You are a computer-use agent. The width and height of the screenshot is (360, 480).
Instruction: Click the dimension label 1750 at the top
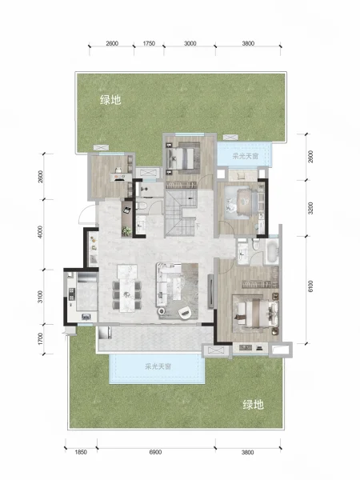click(149, 43)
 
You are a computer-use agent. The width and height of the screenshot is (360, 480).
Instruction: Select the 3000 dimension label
click(190, 43)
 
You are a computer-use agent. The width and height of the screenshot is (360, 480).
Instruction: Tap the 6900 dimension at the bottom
click(155, 452)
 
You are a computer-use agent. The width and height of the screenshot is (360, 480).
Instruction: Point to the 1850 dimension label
click(81, 452)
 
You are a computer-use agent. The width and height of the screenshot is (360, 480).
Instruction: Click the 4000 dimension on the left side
click(41, 232)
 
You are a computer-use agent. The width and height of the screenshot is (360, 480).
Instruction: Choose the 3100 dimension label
click(41, 297)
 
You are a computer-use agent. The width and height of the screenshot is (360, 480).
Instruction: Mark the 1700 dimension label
click(41, 339)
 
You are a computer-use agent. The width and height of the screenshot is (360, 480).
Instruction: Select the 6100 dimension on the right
click(310, 287)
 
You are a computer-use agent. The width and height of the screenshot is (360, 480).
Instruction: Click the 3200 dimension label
click(310, 208)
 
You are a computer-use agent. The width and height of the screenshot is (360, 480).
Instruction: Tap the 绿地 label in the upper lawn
click(110, 100)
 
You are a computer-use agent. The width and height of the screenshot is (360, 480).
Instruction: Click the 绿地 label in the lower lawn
click(253, 405)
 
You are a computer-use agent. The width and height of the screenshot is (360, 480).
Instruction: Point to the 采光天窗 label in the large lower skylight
click(158, 366)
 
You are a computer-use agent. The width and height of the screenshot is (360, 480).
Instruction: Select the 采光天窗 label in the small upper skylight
click(246, 156)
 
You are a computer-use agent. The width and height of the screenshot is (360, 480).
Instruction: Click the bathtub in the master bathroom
click(272, 252)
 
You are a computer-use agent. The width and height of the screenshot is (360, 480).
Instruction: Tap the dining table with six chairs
click(127, 290)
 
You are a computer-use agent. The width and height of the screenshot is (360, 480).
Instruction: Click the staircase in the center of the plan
click(180, 213)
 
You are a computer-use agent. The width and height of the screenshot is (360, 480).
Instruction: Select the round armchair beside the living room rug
click(185, 312)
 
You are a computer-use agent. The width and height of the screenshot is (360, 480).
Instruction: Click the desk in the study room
click(121, 177)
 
